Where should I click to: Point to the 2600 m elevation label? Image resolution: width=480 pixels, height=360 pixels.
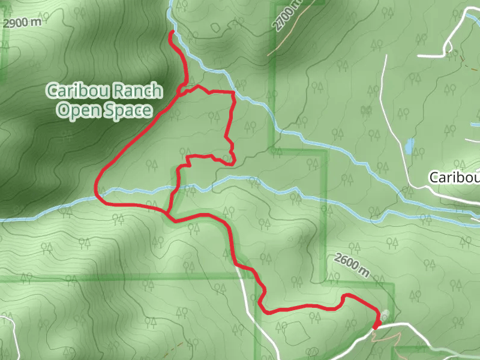coord(349,265)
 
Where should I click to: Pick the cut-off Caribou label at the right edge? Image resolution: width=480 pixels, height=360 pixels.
coord(454,177)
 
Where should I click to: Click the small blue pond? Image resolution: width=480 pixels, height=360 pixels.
coord(410,146)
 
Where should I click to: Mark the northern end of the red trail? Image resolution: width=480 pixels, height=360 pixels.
coord(172,31)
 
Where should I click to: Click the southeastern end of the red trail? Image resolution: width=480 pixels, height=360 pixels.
coord(376,327)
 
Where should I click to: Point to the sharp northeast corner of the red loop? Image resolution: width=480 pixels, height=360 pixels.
coord(233,92)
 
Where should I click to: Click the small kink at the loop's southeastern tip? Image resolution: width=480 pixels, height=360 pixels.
coord(232,160)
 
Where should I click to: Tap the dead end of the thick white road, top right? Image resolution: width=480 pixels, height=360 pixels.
coord(419,55)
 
